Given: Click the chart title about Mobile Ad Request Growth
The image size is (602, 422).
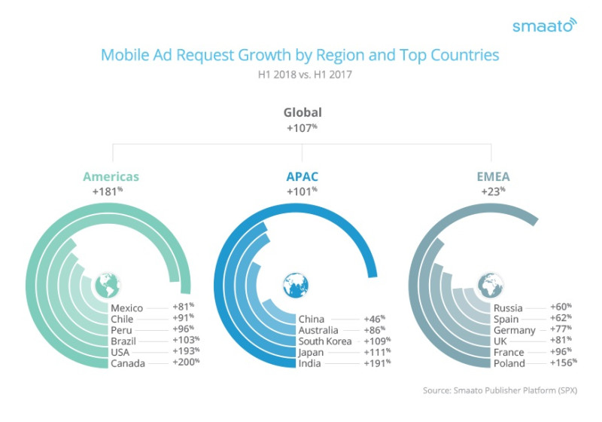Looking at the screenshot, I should [299, 55].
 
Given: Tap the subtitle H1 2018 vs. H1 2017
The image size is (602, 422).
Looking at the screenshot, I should [300, 74].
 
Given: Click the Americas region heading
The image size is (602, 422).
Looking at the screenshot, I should [111, 177].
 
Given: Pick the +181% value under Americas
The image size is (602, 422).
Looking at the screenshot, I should [108, 192].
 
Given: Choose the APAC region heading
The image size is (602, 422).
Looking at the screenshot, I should [302, 177].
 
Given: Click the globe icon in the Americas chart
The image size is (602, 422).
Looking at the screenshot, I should [108, 286].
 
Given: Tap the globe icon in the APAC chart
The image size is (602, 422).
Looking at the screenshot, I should [295, 286].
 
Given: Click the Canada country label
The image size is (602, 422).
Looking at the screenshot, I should [129, 364].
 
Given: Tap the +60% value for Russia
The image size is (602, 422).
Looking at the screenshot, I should [561, 307].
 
